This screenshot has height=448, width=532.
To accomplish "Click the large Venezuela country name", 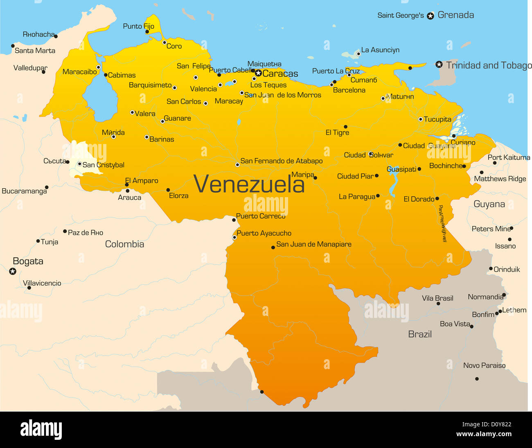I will point(249,184).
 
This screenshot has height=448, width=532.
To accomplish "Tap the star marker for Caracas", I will point(258,74).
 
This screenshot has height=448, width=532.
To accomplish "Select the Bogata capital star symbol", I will point(13,271).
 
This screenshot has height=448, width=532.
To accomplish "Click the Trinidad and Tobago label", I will point(489,65).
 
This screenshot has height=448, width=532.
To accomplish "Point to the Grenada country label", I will point(455,15).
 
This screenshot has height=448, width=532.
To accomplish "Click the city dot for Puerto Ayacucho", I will point(234,237).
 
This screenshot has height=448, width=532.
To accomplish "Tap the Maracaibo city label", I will point(80,72).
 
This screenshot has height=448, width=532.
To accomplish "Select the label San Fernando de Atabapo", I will point(281,161).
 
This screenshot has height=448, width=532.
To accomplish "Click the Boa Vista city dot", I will point(471,326).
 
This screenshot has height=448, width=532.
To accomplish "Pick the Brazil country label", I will point(420,334).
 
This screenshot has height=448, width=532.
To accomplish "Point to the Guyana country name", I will point(489,204).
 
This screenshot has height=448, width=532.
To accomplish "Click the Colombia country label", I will point(124,244).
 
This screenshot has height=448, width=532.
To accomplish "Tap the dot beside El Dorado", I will point(437,198).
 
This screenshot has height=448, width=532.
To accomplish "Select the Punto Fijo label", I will point(138,26).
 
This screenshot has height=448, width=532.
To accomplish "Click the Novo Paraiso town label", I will point(484,366).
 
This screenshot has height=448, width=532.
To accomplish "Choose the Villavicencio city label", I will point(42,283).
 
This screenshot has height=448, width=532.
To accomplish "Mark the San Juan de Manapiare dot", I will point(273,247).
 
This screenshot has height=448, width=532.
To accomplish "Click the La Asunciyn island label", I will point(380,50).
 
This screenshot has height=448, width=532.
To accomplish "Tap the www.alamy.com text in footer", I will point(484,434).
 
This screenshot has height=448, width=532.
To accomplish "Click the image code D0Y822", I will point(497,425).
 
